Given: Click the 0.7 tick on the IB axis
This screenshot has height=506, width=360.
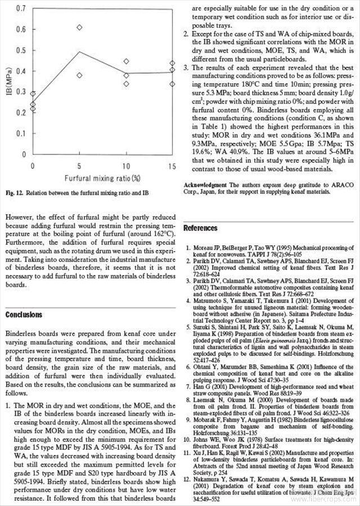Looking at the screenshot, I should [22, 8].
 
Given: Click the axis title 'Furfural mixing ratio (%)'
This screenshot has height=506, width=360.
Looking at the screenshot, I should [101, 179].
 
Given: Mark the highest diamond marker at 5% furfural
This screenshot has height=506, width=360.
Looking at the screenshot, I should [80, 27].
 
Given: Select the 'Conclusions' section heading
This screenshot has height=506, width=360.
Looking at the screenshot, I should [24, 314].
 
